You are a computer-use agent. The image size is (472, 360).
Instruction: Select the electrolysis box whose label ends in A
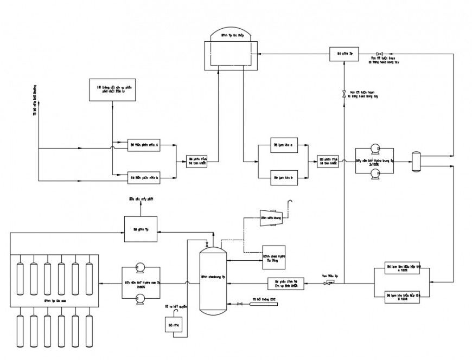pyautogui.click(x=144, y=145)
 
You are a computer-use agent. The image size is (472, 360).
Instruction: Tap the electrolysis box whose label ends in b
pyautogui.click(x=144, y=177)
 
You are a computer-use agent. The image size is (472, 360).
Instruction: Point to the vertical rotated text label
pyautogui.click(x=35, y=100)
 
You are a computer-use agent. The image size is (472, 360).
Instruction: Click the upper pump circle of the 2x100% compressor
pyautogui.click(x=374, y=149)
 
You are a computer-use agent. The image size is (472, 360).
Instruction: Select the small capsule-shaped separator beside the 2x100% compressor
pyautogui.click(x=416, y=162)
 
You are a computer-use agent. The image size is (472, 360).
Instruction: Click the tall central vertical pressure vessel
pyautogui.click(x=213, y=279)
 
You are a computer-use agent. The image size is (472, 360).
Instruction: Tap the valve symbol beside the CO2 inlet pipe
pyautogui.click(x=240, y=304)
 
